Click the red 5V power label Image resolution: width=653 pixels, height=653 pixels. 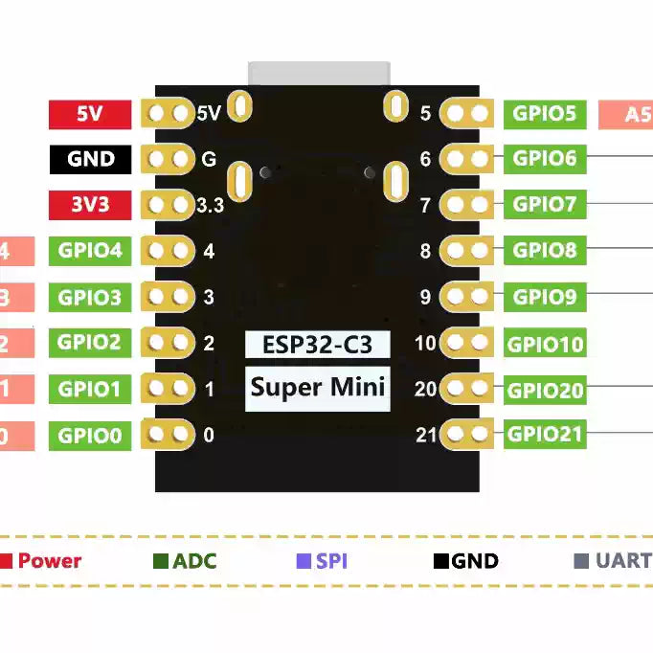90,114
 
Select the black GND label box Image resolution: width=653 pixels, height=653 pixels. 90,159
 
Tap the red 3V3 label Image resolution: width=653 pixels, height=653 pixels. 90,205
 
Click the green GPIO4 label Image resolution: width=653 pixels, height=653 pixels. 90,251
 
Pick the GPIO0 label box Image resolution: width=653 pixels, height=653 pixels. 90,437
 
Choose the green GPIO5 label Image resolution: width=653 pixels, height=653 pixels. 545,114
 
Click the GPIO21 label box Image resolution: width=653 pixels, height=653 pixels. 545,435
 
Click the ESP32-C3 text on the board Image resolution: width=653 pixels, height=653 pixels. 317,345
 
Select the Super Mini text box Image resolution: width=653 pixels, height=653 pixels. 317,388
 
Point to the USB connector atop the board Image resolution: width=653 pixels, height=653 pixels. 319,74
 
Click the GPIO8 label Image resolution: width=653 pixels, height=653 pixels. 545,251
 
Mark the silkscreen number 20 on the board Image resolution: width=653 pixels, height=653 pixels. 426,390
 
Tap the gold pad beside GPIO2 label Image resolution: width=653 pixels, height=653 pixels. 169,343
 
